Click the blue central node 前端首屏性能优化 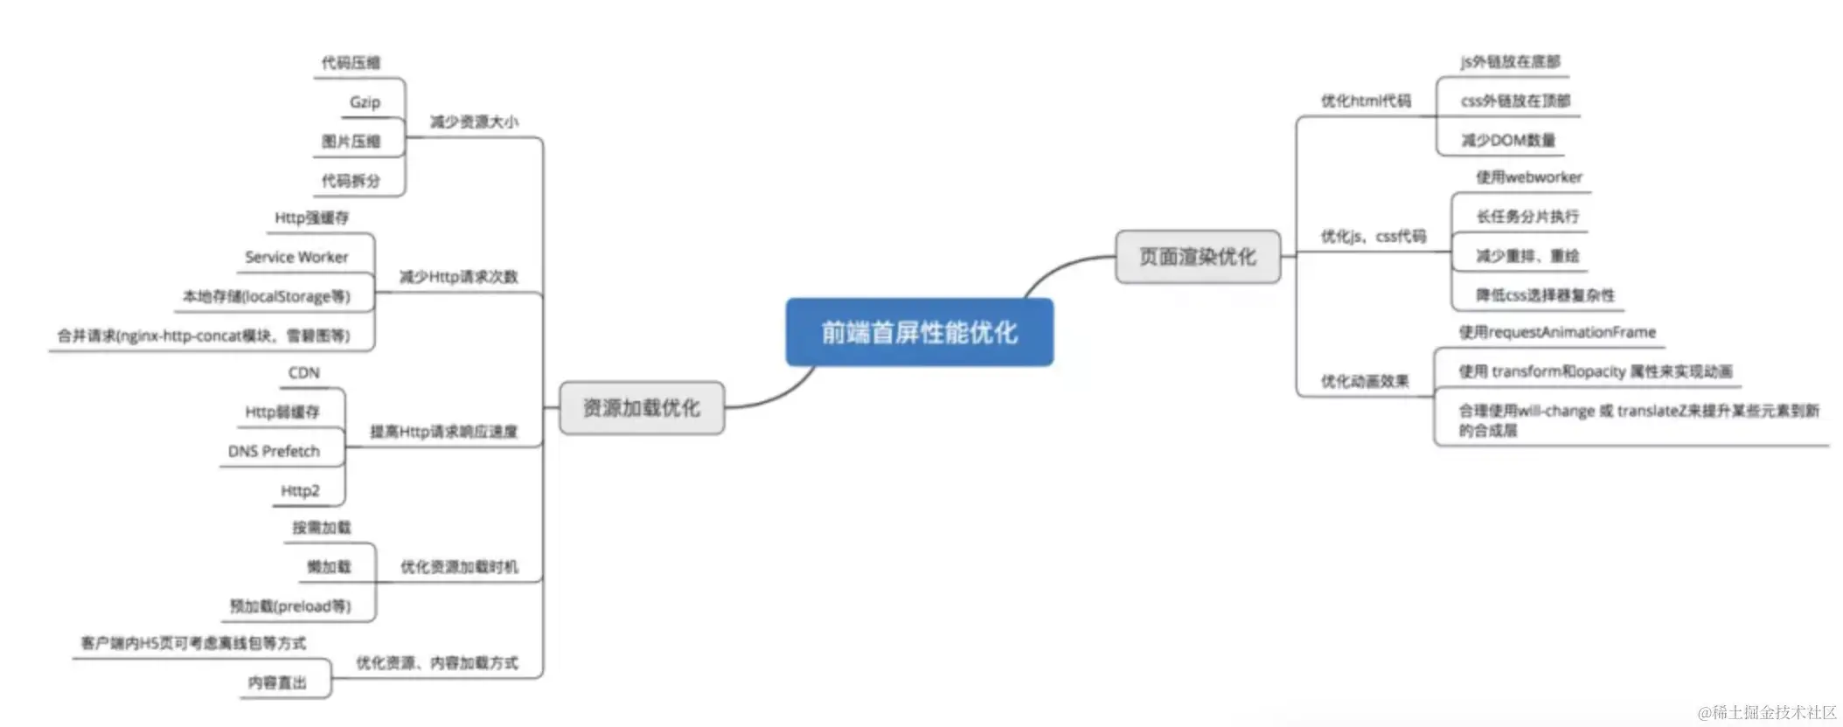(x=919, y=332)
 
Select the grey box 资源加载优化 (x=642, y=408)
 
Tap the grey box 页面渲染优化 (x=1197, y=257)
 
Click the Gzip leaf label (x=365, y=102)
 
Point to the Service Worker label (x=296, y=257)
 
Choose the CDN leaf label (x=303, y=373)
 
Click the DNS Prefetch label (x=274, y=452)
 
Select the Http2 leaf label (x=300, y=491)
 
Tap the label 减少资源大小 (x=474, y=122)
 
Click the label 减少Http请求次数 (x=458, y=277)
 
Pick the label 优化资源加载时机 (x=459, y=567)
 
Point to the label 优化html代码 (x=1366, y=101)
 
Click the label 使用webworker (x=1529, y=177)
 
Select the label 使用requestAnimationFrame (x=1557, y=332)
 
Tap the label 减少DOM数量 (x=1508, y=141)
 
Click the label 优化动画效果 (x=1365, y=382)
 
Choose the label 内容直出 (x=277, y=682)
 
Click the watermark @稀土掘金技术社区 (x=1767, y=713)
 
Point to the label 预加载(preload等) (x=290, y=606)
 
